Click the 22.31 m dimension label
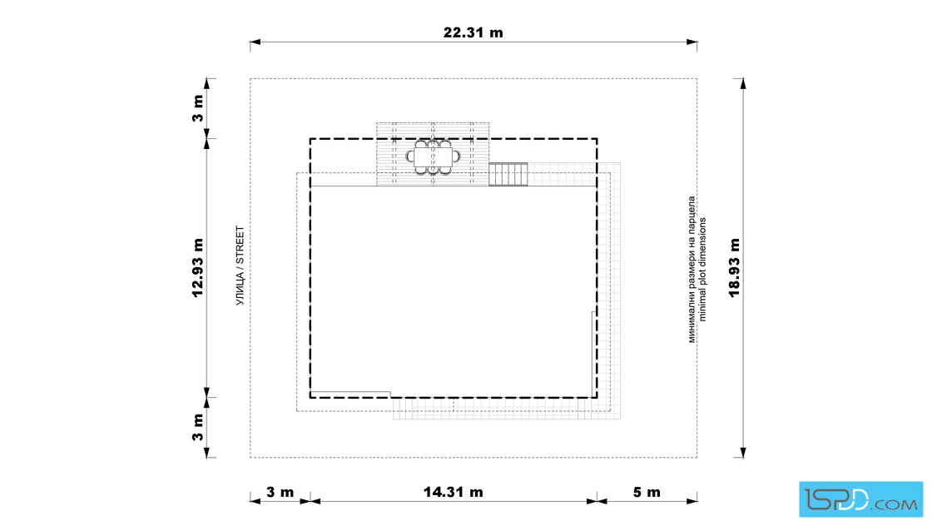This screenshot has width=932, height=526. coord(473,32)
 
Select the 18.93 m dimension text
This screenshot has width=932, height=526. coord(735,267)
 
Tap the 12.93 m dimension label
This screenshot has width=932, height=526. coord(198,267)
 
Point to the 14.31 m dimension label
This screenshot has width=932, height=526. coord(453,492)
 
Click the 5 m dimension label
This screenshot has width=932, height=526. coord(647,492)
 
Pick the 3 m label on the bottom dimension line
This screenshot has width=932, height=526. coord(280,492)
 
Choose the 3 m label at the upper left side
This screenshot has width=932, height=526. coord(198,108)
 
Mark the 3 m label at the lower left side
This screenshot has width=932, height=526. coord(198,427)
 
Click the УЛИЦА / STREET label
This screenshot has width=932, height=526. coord(240,265)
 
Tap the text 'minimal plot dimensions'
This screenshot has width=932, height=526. coord(702,269)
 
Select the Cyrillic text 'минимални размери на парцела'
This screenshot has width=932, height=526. coord(692,269)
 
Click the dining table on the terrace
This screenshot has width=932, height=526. coord(434,157)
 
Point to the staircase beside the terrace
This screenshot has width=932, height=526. coord(508,174)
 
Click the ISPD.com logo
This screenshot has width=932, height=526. coord(860,499)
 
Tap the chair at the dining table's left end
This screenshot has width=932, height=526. coord(410,157)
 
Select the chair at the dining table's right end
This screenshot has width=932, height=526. coord(457,157)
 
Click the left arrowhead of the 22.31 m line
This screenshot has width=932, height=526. coord(255,42)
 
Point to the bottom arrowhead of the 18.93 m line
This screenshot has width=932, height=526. coord(743,452)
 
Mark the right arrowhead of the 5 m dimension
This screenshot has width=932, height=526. coord(692,501)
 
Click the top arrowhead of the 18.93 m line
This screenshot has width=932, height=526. coord(743,84)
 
